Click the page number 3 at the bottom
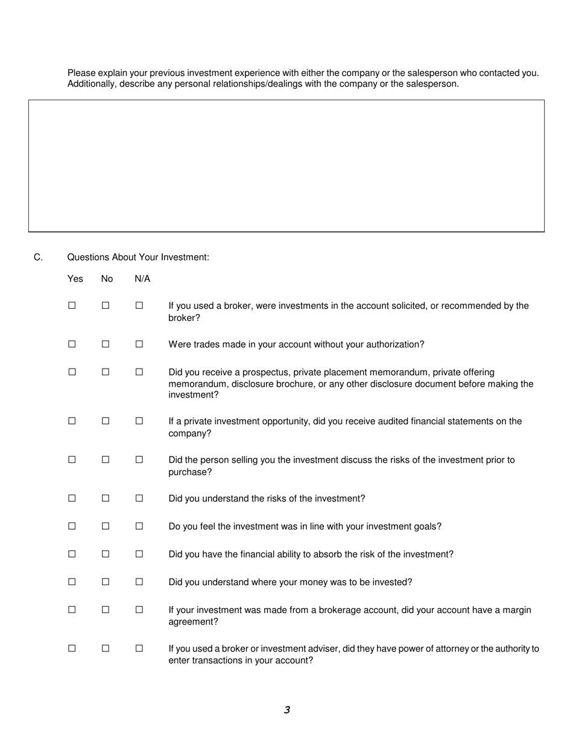tap(286, 710)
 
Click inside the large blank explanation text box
tap(286, 166)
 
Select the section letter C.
tap(38, 258)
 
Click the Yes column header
tap(75, 279)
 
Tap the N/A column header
tap(142, 279)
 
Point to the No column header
tap(107, 279)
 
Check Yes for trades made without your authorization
tap(72, 344)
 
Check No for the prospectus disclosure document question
tap(106, 372)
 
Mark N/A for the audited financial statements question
tap(139, 422)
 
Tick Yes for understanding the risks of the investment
tap(72, 499)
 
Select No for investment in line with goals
tap(106, 527)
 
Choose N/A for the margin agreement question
tap(139, 610)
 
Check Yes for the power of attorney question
tap(72, 649)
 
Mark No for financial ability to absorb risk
tap(106, 554)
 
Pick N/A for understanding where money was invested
tap(139, 582)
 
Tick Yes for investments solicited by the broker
tap(72, 306)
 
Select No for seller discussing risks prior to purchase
tap(106, 460)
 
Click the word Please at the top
tap(81, 73)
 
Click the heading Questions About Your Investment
tap(138, 258)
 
